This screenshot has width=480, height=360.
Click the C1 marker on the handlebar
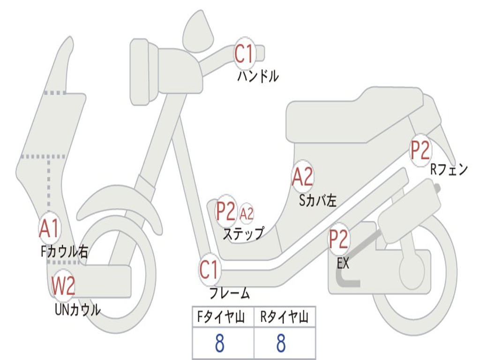244,53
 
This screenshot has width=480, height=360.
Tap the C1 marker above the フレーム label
209,270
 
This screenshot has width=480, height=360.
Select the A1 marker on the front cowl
49,228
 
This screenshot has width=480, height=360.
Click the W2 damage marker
63,286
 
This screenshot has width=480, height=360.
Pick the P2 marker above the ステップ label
225,211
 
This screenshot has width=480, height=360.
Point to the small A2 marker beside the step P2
247,214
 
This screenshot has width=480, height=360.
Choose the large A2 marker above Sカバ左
302,177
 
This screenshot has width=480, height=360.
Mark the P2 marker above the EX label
338,239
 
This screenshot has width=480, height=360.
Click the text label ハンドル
258,76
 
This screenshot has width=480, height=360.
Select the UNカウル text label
78,309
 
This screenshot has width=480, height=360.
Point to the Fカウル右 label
64,251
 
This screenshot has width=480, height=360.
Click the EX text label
343,263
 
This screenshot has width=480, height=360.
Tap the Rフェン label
449,170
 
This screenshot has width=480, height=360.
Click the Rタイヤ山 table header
284,318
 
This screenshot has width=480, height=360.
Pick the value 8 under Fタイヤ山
219,344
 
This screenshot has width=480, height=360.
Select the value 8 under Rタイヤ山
281,344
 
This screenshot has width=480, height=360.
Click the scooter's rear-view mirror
198,31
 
